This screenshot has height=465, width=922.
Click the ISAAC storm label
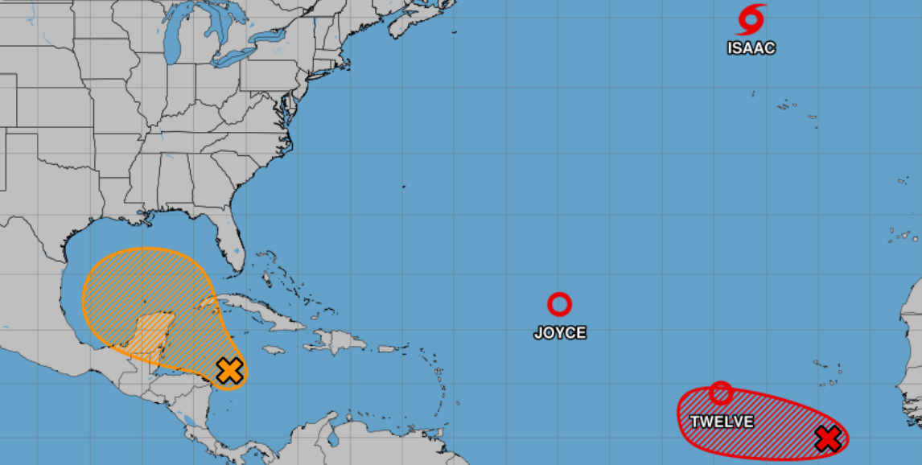coord(751,48)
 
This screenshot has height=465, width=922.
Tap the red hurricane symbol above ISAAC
coord(752,19)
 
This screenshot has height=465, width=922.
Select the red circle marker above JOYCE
coord(559,304)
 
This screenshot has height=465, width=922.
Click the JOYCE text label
coord(560,333)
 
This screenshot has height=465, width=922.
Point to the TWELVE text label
coord(722,422)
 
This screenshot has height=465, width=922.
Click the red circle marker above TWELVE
coord(721,393)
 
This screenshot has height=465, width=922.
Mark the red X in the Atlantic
coord(827,438)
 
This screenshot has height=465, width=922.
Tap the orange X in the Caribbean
coord(230,371)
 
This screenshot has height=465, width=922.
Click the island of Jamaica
coord(274,350)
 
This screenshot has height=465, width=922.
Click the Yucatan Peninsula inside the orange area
coord(145,334)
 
